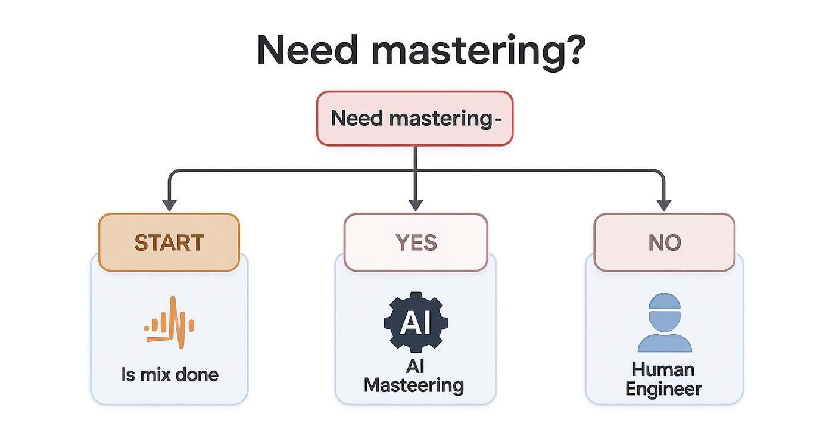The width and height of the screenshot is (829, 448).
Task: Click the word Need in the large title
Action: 307,50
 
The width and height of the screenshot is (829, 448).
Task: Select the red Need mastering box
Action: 414,119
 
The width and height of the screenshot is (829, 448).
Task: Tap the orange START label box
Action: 169,242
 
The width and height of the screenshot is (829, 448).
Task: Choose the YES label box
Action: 416,242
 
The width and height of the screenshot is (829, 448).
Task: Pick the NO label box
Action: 664,242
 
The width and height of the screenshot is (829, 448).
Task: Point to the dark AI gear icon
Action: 416,322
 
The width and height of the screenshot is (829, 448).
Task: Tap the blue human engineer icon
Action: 664,322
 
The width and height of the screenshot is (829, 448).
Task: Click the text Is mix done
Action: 170,375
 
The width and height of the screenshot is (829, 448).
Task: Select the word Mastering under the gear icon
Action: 414,385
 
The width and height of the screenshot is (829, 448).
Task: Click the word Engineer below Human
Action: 664,389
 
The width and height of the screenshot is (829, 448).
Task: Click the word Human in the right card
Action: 663,369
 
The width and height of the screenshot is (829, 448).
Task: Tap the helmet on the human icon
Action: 664,303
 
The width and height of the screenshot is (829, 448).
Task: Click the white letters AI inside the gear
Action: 416,322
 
